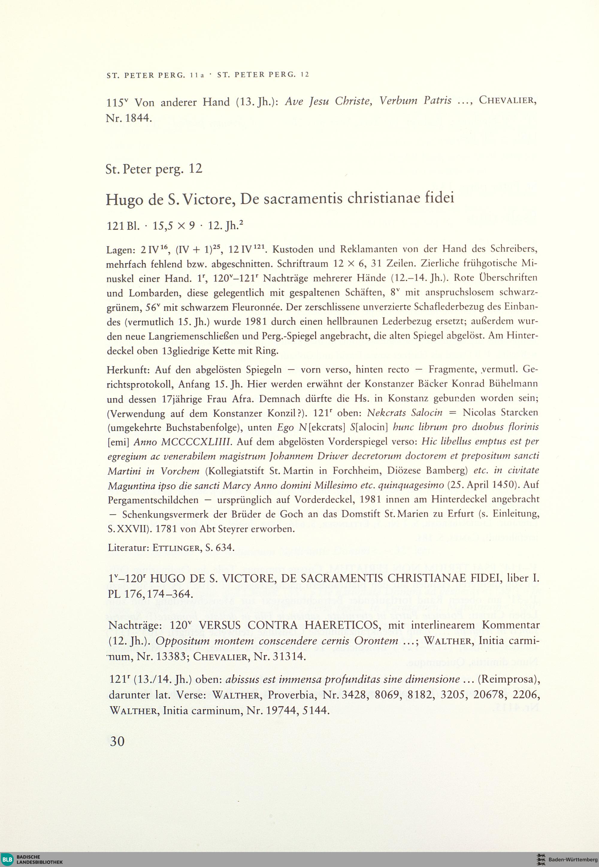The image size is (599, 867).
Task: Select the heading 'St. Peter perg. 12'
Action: (x=154, y=169)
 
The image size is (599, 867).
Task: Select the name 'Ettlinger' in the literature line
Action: (x=178, y=548)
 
